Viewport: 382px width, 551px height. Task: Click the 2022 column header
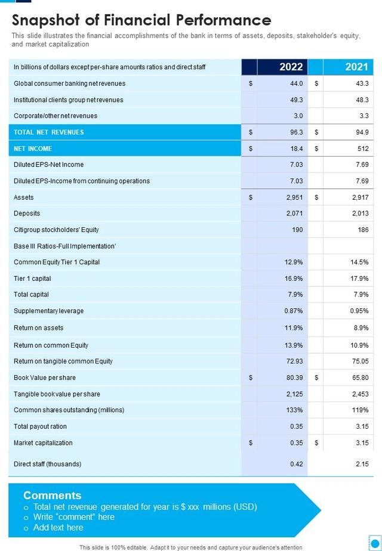pyautogui.click(x=291, y=67)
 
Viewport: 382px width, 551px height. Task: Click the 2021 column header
pyautogui.click(x=356, y=67)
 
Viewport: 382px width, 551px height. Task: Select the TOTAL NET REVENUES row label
pyautogui.click(x=49, y=132)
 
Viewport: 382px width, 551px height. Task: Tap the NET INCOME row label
pyautogui.click(x=33, y=148)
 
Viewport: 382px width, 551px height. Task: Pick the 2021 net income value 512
pyautogui.click(x=363, y=148)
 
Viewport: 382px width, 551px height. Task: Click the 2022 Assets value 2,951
pyautogui.click(x=294, y=197)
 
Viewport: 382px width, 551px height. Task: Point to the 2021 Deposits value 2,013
pyautogui.click(x=360, y=213)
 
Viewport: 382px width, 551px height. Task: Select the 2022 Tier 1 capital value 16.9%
pyautogui.click(x=294, y=278)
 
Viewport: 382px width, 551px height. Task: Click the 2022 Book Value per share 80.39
pyautogui.click(x=294, y=377)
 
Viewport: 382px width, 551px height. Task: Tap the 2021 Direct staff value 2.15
pyautogui.click(x=362, y=464)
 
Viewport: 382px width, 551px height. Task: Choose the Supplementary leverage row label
pyautogui.click(x=49, y=311)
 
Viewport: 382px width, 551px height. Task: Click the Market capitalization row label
pyautogui.click(x=43, y=442)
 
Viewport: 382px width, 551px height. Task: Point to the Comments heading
pyautogui.click(x=52, y=496)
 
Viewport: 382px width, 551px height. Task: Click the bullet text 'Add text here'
pyautogui.click(x=58, y=528)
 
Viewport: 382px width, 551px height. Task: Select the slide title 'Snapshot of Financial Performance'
pyautogui.click(x=141, y=20)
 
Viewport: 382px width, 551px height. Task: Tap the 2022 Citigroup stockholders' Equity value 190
pyautogui.click(x=297, y=230)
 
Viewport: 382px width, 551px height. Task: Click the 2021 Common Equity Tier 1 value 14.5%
pyautogui.click(x=359, y=262)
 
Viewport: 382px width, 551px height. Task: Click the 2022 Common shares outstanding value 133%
pyautogui.click(x=294, y=410)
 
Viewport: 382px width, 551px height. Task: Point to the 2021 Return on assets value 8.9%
pyautogui.click(x=361, y=328)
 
